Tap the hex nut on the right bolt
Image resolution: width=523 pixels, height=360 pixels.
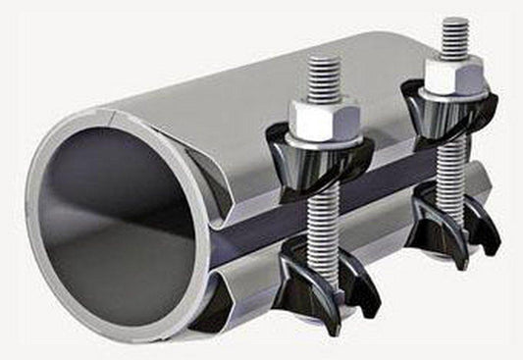tap(453, 75)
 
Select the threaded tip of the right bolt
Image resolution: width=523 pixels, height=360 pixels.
tap(453, 36)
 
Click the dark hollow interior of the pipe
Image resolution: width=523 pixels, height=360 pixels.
tap(108, 226)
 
